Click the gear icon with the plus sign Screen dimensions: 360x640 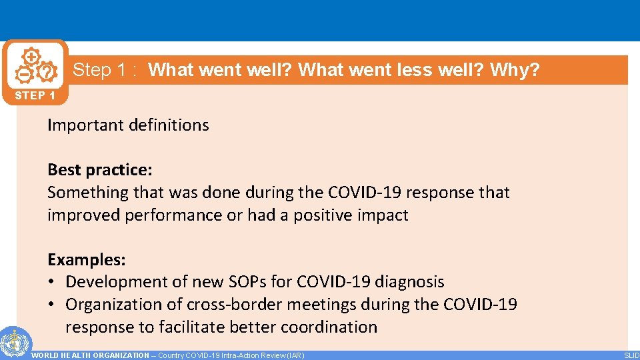31,56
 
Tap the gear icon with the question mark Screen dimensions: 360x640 45,71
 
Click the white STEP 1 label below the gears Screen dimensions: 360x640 35,95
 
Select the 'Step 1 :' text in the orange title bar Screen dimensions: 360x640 105,70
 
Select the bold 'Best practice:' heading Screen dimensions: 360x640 100,170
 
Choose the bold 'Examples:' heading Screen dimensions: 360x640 87,259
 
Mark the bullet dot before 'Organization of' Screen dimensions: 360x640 52,305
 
